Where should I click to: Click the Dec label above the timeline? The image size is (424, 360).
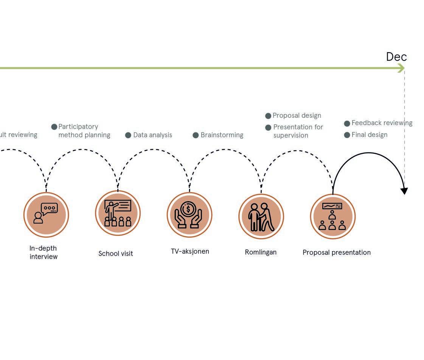[x=396, y=57]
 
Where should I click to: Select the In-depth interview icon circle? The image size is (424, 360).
[x=46, y=214]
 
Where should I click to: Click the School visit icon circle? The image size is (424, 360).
[x=118, y=213]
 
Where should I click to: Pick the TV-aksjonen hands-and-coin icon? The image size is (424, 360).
[x=189, y=214]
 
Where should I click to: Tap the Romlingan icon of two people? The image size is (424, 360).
[x=261, y=216]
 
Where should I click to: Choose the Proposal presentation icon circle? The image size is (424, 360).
[x=332, y=216]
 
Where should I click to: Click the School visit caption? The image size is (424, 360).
[x=116, y=253]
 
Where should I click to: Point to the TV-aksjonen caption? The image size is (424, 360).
[x=190, y=251]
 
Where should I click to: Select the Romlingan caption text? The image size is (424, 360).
[x=261, y=252]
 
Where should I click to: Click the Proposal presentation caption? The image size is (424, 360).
[x=336, y=252]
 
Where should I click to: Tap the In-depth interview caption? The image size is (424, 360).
[x=43, y=252]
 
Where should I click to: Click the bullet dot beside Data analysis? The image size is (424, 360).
[x=128, y=135]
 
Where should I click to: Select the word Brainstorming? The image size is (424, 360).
[x=222, y=135]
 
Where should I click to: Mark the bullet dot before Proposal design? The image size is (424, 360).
[x=268, y=116]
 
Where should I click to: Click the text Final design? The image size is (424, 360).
[x=369, y=135]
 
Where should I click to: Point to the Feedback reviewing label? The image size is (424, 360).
[x=382, y=123]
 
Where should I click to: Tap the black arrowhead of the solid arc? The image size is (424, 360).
[x=404, y=191]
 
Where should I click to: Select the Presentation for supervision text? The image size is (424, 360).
[x=298, y=131]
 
